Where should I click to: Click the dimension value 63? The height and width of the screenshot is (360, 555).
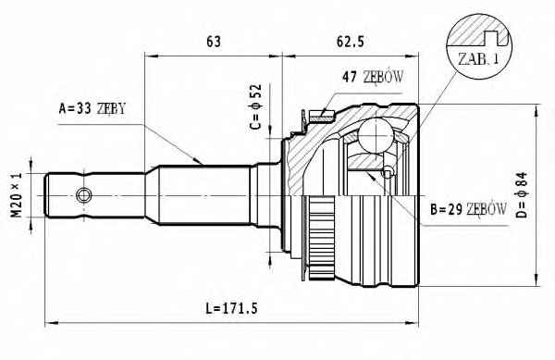pyautogui.click(x=213, y=42)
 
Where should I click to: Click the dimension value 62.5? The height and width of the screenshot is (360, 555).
pyautogui.click(x=350, y=42)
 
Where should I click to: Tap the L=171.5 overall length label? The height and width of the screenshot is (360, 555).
pyautogui.click(x=231, y=309)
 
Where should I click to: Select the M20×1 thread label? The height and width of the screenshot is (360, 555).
pyautogui.click(x=17, y=195)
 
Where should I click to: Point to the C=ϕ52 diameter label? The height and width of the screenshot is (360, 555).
pyautogui.click(x=255, y=106)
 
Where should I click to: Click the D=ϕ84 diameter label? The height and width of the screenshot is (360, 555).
pyautogui.click(x=522, y=195)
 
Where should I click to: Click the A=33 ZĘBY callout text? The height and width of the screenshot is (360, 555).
pyautogui.click(x=92, y=108)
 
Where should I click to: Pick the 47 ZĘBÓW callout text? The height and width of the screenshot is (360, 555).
pyautogui.click(x=373, y=77)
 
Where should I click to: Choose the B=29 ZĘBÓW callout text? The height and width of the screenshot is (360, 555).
pyautogui.click(x=468, y=209)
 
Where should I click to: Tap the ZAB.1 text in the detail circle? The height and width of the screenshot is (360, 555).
pyautogui.click(x=478, y=58)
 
